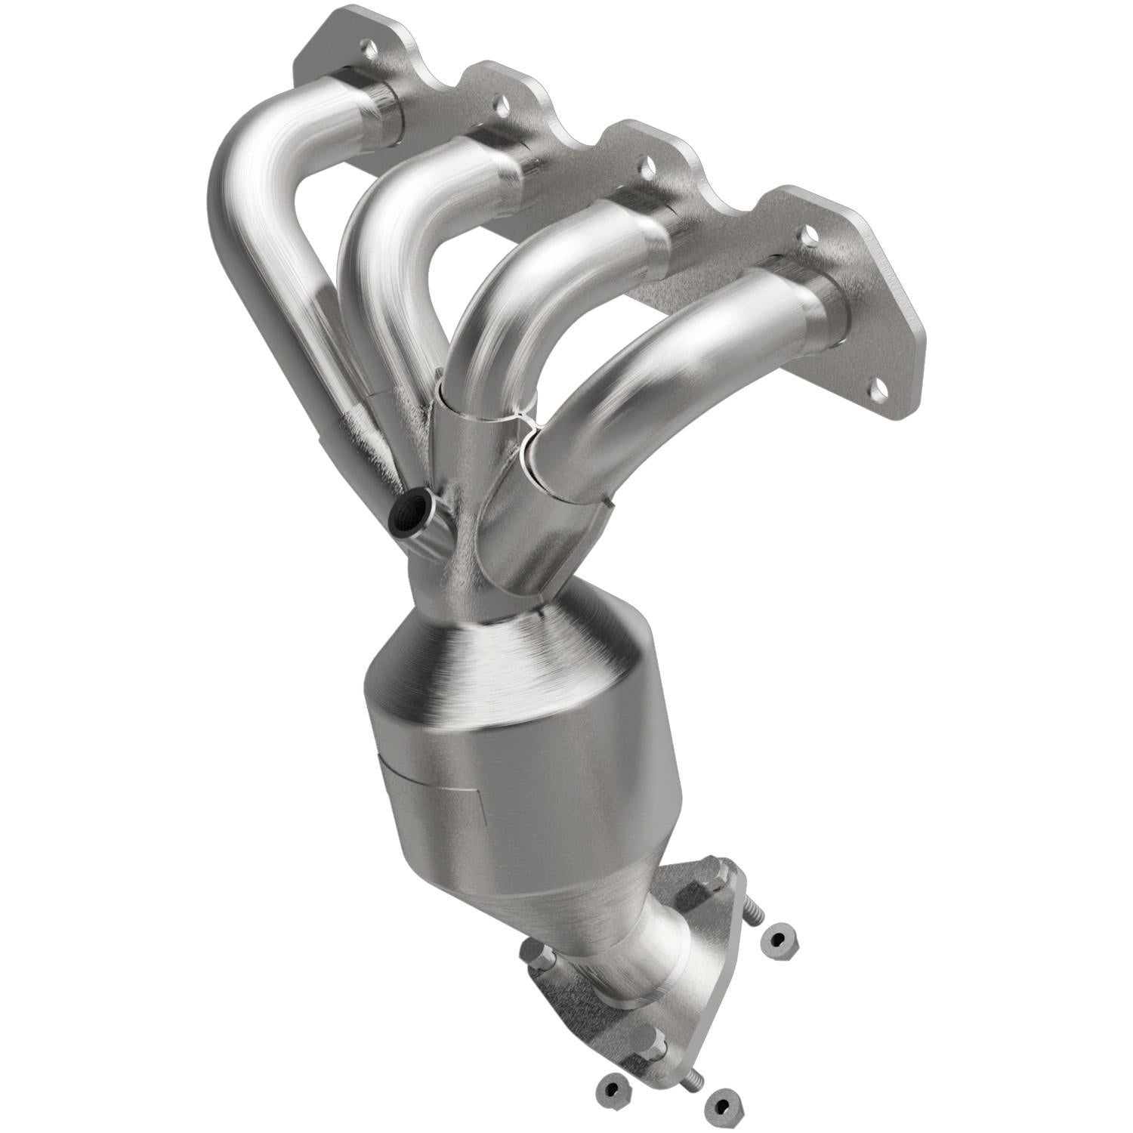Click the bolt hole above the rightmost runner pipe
pos(809,236)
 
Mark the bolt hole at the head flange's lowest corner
pos(878,391)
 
